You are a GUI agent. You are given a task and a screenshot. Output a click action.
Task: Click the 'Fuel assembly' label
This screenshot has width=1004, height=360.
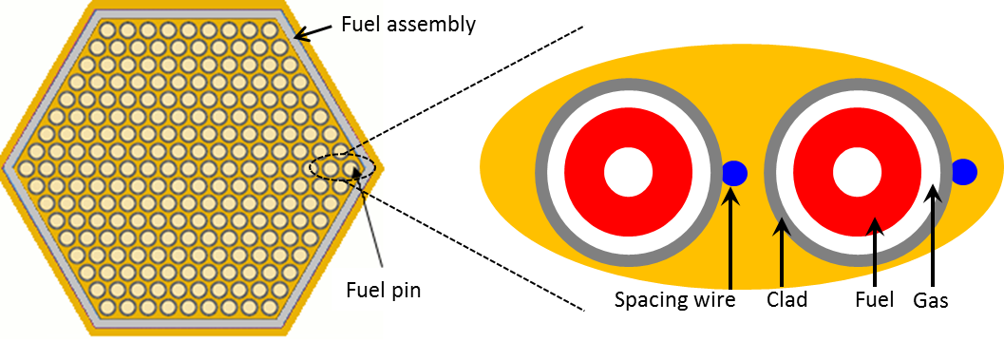(x=408, y=24)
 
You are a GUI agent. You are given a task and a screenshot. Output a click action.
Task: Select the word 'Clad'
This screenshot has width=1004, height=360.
(x=786, y=301)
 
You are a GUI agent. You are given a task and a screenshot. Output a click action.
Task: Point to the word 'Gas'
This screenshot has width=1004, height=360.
(x=931, y=301)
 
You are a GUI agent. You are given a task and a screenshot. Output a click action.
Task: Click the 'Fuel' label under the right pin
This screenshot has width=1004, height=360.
(x=874, y=301)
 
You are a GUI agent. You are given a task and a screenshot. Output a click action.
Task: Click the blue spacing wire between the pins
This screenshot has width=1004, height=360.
(x=734, y=173)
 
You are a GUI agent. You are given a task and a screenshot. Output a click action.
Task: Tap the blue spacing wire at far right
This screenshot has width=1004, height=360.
(x=964, y=172)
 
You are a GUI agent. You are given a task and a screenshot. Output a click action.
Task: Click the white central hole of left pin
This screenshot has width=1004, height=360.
(x=629, y=173)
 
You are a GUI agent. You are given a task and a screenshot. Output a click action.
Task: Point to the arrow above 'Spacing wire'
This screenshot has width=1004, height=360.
(x=731, y=237)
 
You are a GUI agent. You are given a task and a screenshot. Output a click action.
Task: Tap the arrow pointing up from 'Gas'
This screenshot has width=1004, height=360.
(x=935, y=237)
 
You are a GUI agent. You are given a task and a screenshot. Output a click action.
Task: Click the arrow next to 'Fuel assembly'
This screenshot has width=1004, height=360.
(x=314, y=31)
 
